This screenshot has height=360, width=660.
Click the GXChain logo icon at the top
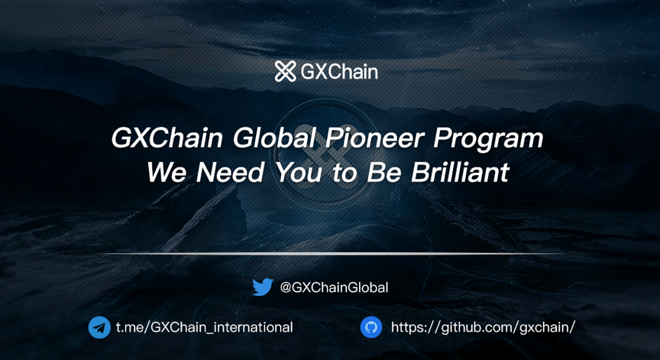tap(286, 71)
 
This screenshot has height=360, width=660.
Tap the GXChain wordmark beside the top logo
tap(339, 72)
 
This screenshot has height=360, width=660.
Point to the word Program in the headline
tap(488, 140)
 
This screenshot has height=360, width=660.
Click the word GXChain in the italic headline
tap(167, 138)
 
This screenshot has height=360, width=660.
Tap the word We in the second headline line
tap(167, 172)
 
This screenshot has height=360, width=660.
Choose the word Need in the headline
tap(230, 172)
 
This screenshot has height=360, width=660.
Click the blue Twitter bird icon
tap(263, 287)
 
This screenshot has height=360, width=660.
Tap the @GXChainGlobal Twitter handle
tap(335, 287)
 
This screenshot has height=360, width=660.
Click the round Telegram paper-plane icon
tap(99, 327)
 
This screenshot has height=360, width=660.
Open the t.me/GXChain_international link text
tap(205, 327)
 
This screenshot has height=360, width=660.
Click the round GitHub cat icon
tap(371, 327)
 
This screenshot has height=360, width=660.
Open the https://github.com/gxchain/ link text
tap(484, 327)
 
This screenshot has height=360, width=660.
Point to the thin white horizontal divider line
tap(330, 254)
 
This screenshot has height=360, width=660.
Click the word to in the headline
tap(345, 173)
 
